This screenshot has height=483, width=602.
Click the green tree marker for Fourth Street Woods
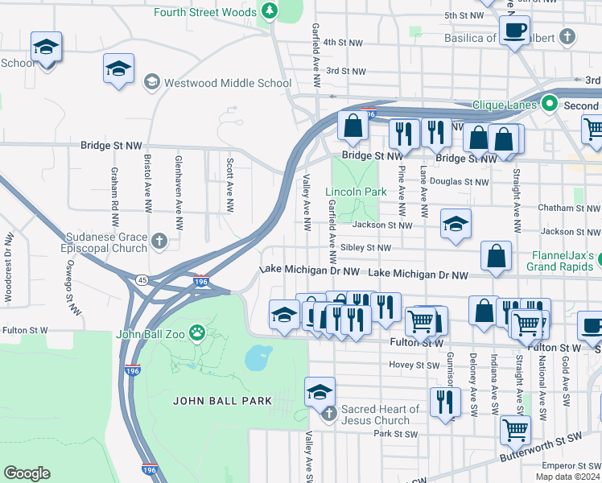(270, 11)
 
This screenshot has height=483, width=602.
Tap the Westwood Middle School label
(228, 83)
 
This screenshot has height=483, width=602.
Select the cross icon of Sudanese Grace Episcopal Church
(160, 241)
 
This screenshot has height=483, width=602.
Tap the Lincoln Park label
(356, 192)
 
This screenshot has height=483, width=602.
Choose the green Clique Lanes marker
(550, 104)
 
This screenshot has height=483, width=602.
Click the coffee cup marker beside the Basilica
(513, 31)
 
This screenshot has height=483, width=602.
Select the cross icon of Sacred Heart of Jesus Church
(328, 415)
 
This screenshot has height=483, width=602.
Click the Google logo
(27, 473)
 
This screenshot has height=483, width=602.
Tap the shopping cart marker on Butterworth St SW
(515, 428)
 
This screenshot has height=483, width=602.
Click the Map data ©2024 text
(567, 477)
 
